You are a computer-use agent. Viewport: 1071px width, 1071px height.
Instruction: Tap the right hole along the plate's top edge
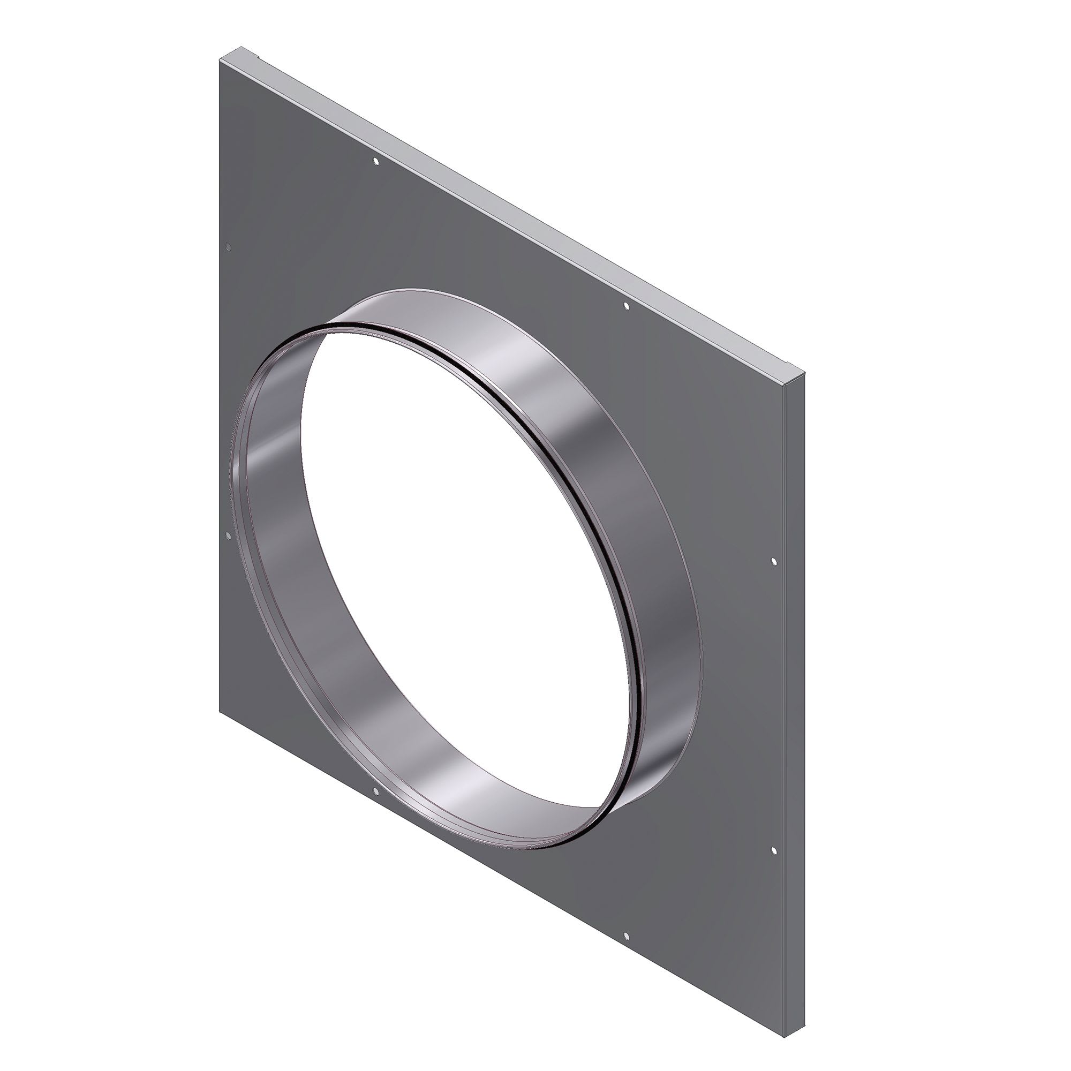coord(627,306)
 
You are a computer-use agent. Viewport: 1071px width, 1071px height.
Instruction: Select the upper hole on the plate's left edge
coord(228,248)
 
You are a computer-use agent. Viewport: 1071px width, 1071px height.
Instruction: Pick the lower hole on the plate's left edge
coord(228,535)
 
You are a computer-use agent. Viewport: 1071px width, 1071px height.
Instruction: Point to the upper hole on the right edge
coord(774,562)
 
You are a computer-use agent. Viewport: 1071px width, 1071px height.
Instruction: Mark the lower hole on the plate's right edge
coord(774,850)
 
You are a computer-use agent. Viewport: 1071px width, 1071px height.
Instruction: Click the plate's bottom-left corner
coord(220,710)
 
